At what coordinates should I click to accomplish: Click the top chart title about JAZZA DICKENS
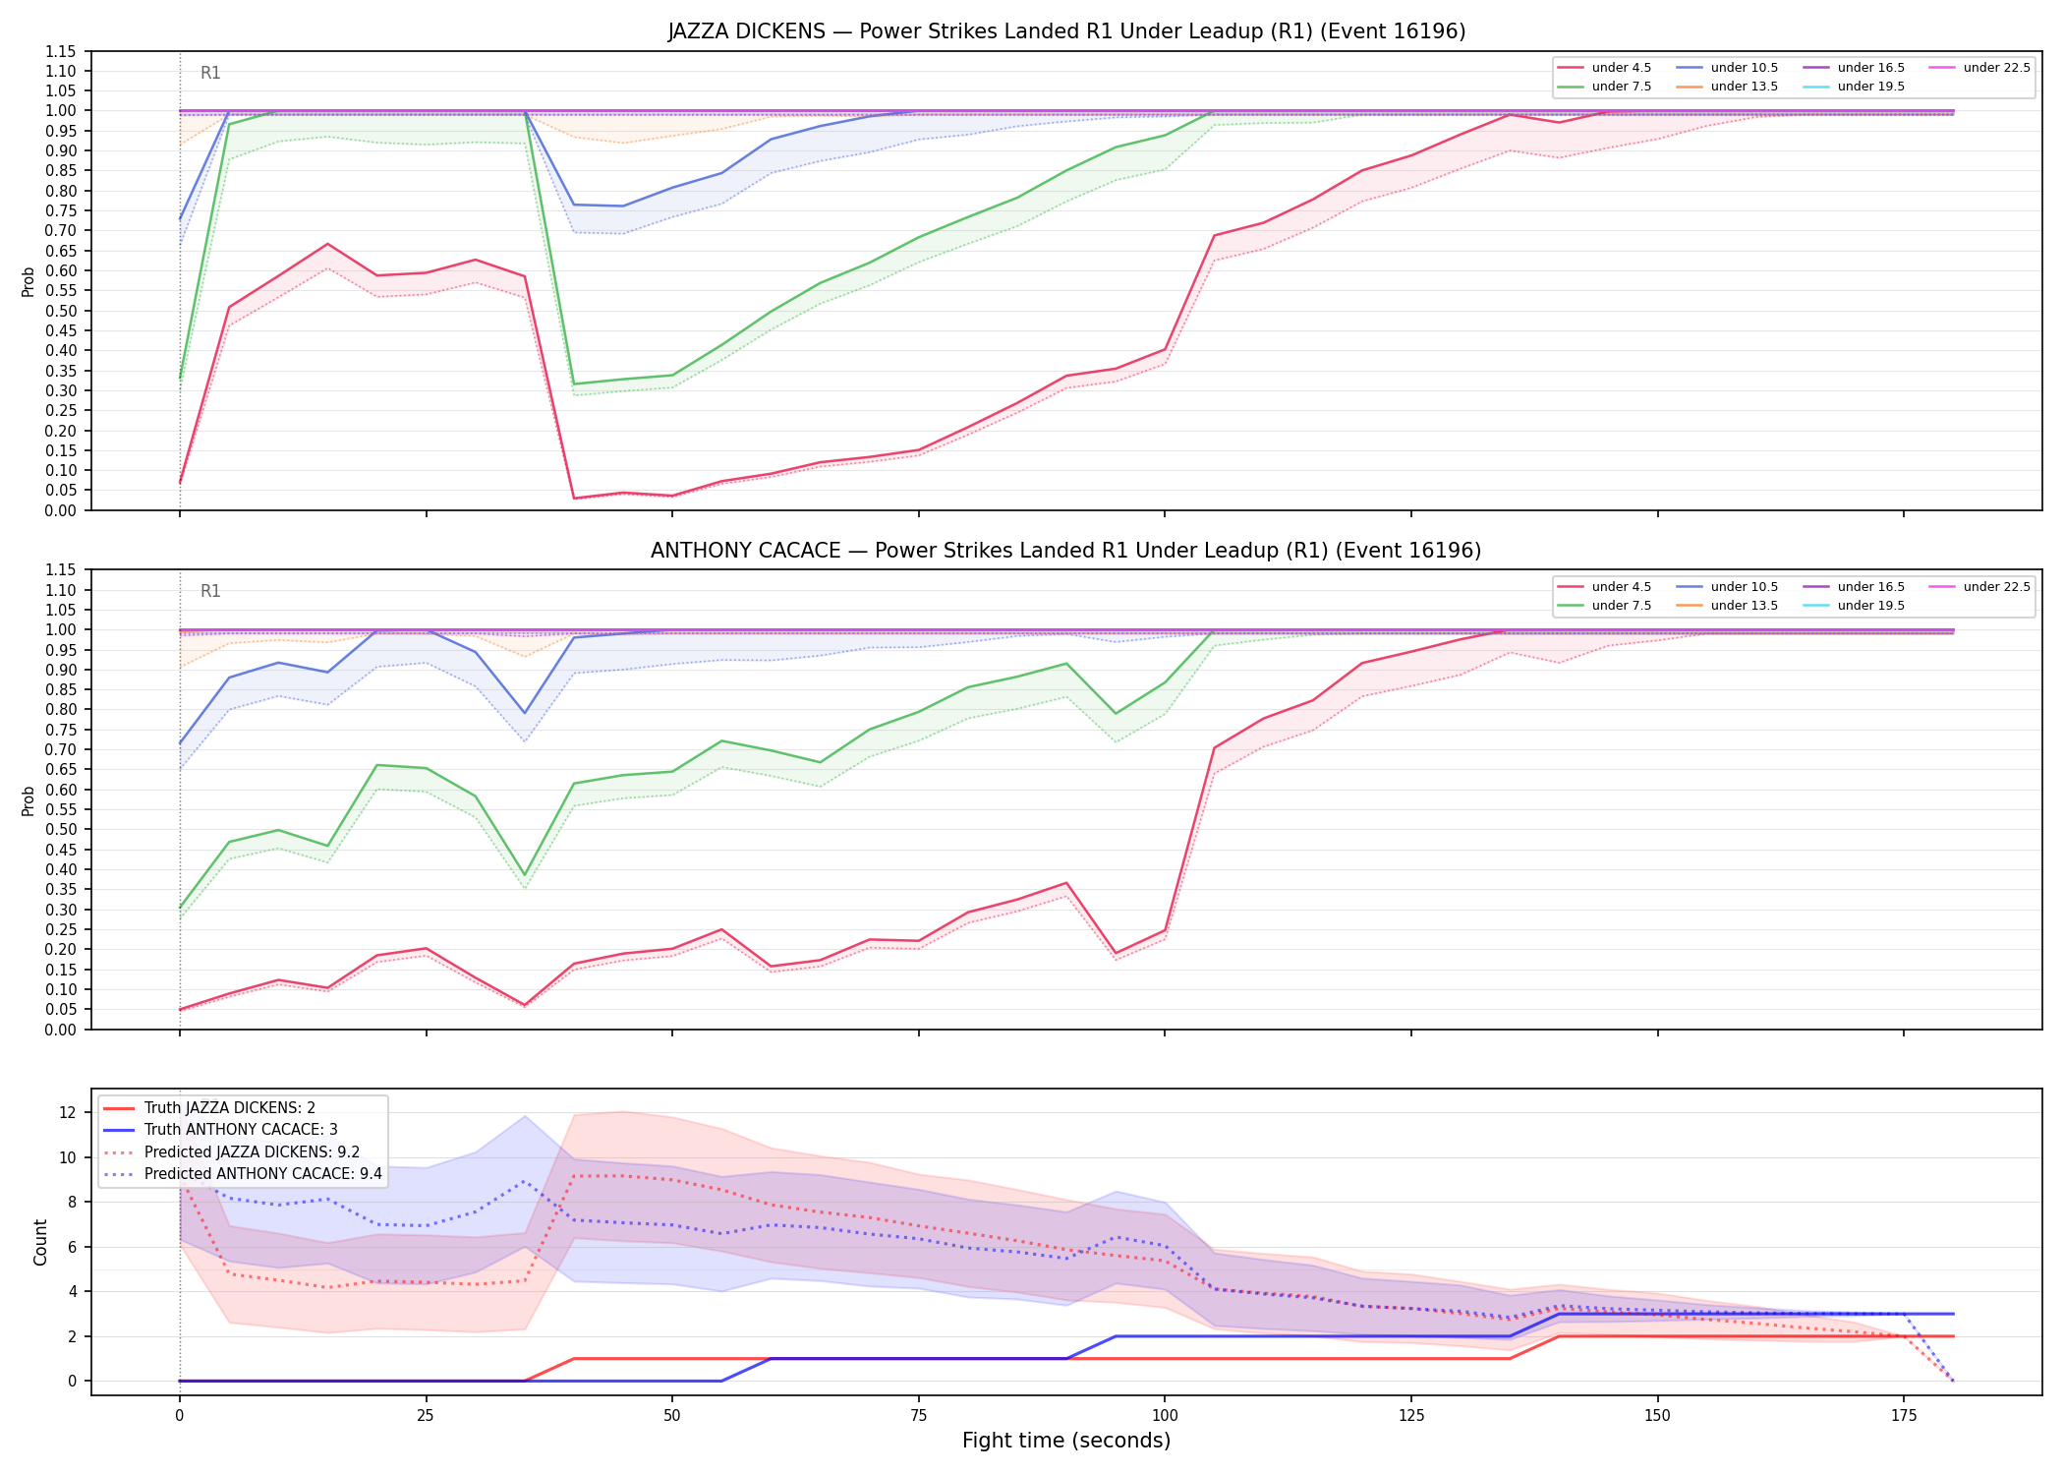tap(1066, 31)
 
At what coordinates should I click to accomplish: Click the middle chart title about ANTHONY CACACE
tap(1066, 551)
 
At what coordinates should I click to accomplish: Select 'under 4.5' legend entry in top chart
tap(1605, 68)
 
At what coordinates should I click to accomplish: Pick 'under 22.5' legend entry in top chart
tap(1979, 68)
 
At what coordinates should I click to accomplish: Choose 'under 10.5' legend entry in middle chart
tap(1727, 587)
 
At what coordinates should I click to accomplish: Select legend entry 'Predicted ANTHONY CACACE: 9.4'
tap(242, 1174)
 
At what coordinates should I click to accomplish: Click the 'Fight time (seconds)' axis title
tap(1066, 1441)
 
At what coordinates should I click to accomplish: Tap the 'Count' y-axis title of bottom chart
tap(40, 1242)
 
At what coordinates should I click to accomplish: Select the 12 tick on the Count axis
tap(68, 1113)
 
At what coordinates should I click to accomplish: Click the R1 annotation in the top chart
tap(210, 73)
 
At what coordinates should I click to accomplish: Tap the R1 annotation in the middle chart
tap(210, 591)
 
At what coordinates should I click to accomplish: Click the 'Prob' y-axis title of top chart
tap(29, 281)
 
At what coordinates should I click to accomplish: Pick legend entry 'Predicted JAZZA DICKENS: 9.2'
tap(231, 1152)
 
